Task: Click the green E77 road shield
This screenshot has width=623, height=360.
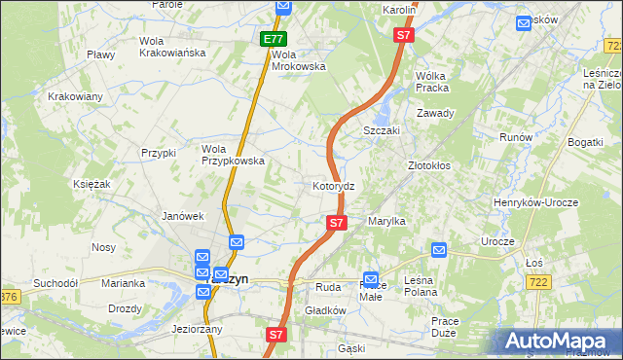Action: click(274, 40)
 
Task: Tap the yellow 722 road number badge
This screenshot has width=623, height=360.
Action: click(535, 280)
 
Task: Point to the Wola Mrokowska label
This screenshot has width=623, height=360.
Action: click(298, 60)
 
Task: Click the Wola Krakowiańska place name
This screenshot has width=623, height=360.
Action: click(172, 47)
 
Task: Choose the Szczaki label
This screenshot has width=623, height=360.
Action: click(383, 130)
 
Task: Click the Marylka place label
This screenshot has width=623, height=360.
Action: click(385, 222)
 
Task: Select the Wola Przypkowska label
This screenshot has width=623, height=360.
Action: click(233, 155)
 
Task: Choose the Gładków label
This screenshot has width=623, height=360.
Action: click(326, 310)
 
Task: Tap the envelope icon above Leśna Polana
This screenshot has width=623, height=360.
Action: click(438, 250)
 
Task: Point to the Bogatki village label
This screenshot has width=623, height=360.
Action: click(584, 143)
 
